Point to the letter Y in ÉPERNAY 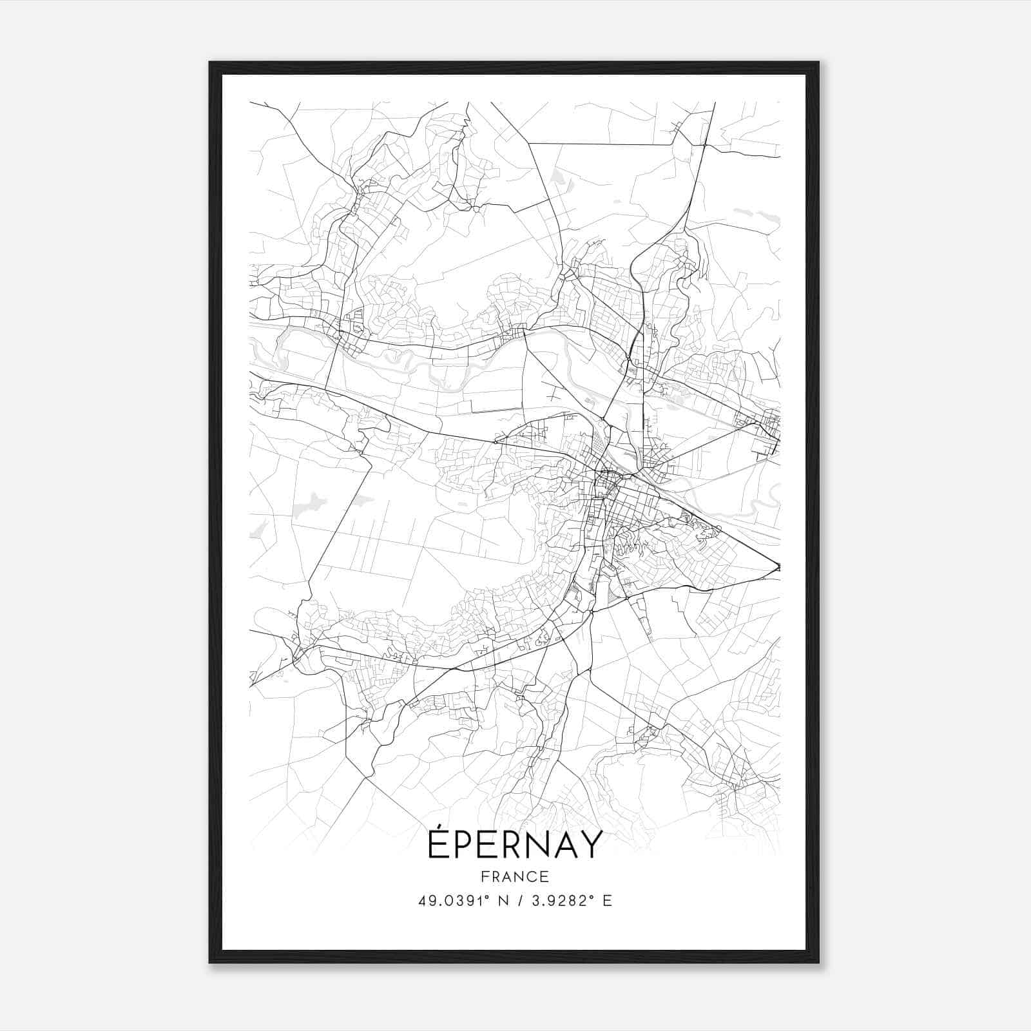(592, 845)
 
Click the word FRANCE (515, 876)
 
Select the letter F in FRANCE (484, 876)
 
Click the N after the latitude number (502, 901)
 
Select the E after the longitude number (607, 901)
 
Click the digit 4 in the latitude (423, 901)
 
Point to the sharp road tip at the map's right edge (778, 567)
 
